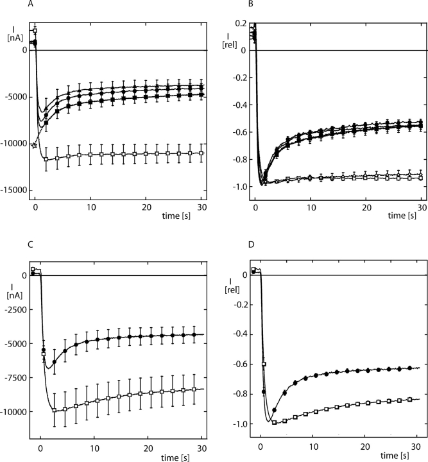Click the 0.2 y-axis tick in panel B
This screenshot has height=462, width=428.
[241, 22]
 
